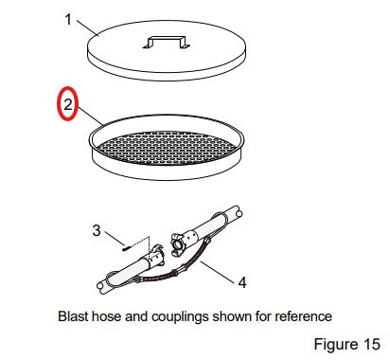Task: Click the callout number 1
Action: coord(68,20)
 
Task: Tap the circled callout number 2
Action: coord(68,104)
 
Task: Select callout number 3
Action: coord(97,230)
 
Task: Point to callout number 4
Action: coord(242,282)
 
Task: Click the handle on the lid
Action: coord(167,43)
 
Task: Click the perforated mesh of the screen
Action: coord(167,148)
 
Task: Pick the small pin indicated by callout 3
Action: coord(125,248)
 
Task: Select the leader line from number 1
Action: coord(87,27)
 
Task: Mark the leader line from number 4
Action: coord(218,270)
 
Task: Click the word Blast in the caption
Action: coord(73,316)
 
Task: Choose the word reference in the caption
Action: coord(303,316)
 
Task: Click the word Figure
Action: coord(337,345)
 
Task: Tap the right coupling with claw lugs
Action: coord(179,243)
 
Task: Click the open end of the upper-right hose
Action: coord(239,213)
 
